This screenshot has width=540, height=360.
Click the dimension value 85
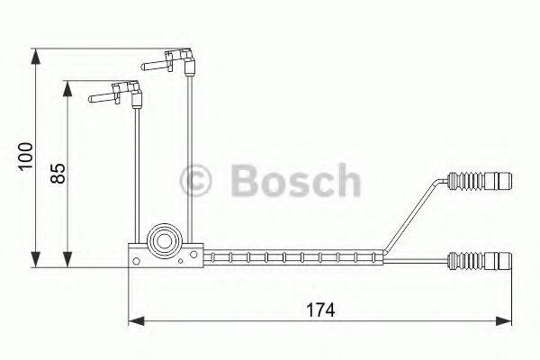tap(58, 173)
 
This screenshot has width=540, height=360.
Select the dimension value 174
tap(320, 309)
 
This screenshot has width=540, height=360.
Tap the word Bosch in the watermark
tap(296, 181)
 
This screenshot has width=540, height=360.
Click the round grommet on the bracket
tap(165, 240)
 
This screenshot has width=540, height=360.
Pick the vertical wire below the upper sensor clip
tap(192, 153)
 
